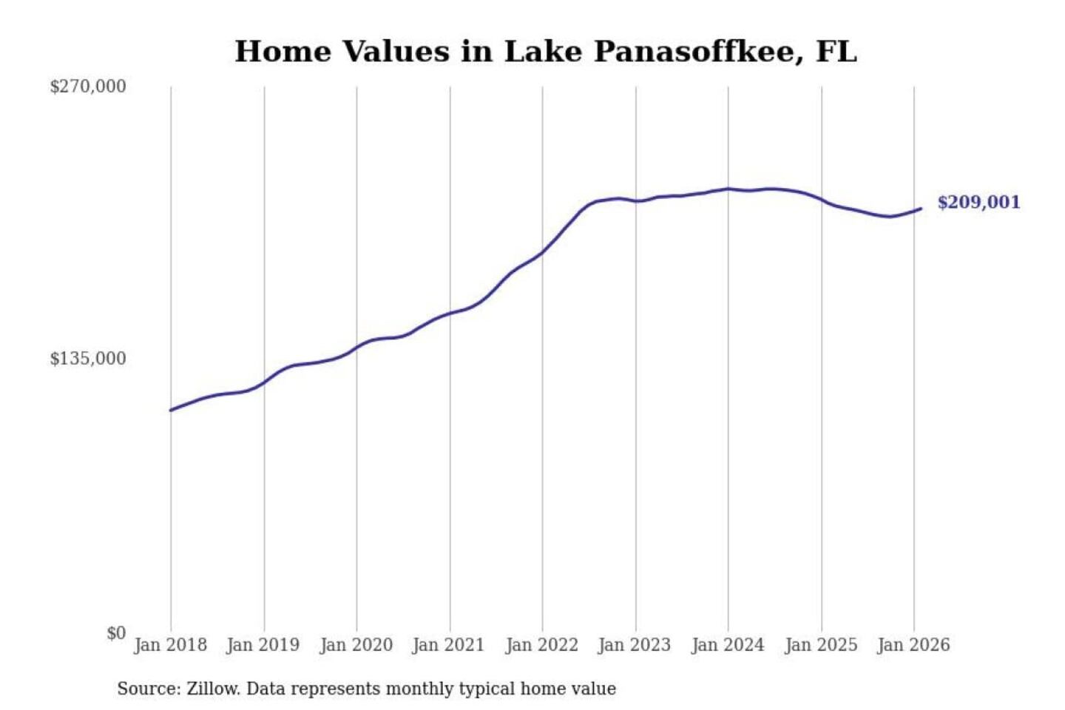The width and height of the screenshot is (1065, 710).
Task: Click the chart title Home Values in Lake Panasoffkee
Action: coord(546,52)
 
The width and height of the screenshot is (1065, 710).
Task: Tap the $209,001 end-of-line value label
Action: coord(978,202)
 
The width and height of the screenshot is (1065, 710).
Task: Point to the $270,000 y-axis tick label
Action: coord(87,87)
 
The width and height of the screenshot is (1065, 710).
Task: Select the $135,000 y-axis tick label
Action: coord(87,359)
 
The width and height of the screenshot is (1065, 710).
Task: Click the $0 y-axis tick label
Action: coord(116,633)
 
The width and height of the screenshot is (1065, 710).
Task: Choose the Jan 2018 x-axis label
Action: coord(170,645)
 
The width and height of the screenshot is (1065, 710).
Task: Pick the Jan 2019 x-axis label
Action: coord(263,645)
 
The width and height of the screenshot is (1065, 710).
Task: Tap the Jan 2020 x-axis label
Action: coord(356,645)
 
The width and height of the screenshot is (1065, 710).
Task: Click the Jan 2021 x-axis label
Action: coord(448,645)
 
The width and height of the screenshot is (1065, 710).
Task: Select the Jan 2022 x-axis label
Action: coord(541,645)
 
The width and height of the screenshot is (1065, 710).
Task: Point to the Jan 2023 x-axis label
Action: coord(634,645)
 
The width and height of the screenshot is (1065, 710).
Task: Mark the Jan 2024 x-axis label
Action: coord(727,645)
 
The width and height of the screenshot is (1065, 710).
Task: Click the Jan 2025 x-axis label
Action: coord(820,645)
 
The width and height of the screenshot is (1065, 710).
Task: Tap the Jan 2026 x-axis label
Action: coord(913,645)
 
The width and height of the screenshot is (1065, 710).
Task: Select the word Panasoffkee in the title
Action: coord(698,52)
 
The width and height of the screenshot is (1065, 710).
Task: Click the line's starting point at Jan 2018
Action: coord(171,410)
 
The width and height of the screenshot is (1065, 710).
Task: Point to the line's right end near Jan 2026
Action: coord(921,209)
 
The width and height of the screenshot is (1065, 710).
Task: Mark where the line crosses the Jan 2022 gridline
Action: coord(542,253)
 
